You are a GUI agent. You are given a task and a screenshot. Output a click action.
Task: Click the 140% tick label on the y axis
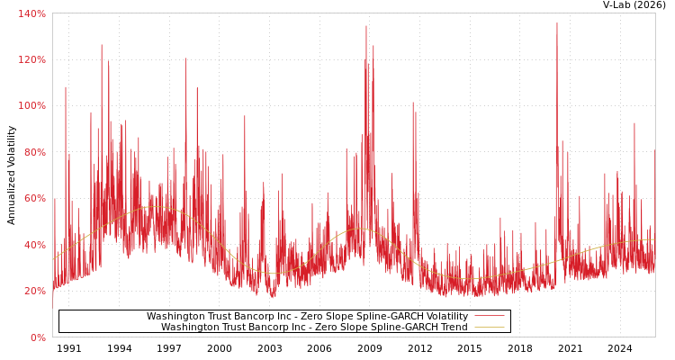pyautogui.click(x=31, y=13)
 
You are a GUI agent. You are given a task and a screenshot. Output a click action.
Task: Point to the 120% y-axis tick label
pyautogui.click(x=31, y=59)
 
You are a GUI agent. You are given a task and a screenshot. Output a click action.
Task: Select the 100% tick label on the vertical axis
pyautogui.click(x=31, y=105)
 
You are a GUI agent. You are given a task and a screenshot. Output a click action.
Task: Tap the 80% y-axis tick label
pyautogui.click(x=33, y=152)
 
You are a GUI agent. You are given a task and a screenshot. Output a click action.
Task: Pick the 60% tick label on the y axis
pyautogui.click(x=33, y=198)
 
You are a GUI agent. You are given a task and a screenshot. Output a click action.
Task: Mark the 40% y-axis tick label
pyautogui.click(x=33, y=245)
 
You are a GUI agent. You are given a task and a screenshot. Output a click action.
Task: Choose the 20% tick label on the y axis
pyautogui.click(x=33, y=291)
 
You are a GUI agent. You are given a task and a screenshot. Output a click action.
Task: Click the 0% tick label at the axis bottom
pyautogui.click(x=37, y=337)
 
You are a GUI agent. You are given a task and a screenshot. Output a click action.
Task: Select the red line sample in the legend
pyautogui.click(x=489, y=317)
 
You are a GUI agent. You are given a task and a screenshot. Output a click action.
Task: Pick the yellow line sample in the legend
pyautogui.click(x=489, y=328)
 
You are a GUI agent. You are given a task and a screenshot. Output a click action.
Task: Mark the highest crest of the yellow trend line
pyautogui.click(x=155, y=207)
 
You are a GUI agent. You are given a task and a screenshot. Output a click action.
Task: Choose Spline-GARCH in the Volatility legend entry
pyautogui.click(x=391, y=317)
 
